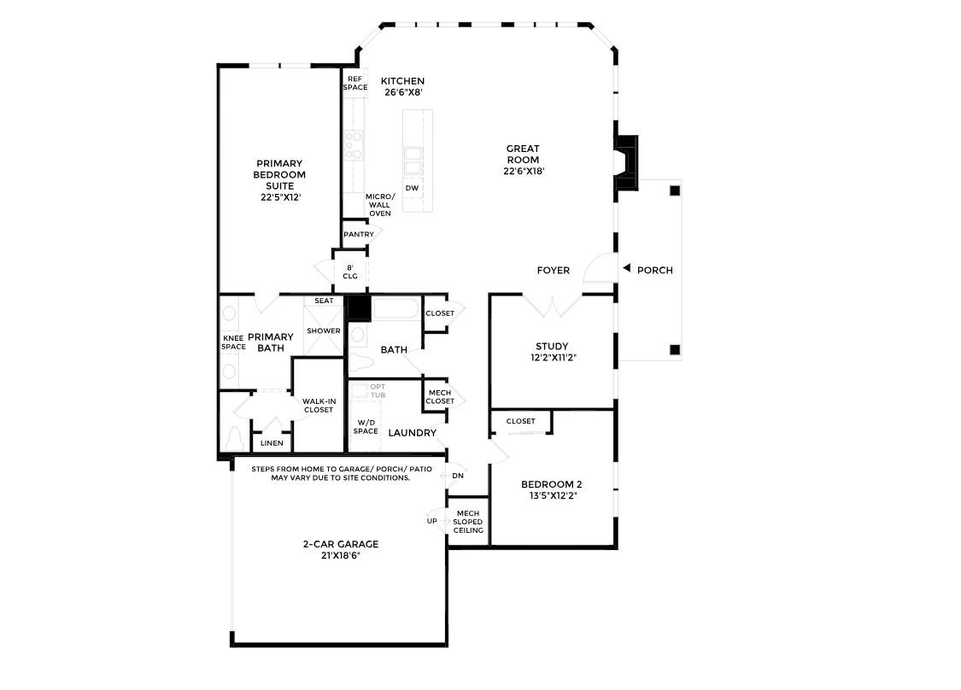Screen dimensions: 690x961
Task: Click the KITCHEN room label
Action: (x=402, y=81)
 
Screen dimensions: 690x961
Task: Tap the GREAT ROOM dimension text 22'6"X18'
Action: (x=524, y=171)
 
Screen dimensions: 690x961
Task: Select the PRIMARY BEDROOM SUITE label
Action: (x=279, y=174)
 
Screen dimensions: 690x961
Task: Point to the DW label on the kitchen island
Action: (x=412, y=188)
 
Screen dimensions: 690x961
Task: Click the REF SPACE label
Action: (x=355, y=83)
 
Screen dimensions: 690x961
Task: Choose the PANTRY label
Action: (x=358, y=234)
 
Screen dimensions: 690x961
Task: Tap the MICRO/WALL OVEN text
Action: (x=380, y=205)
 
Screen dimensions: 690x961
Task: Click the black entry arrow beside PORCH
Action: (x=625, y=270)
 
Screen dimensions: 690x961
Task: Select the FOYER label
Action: (x=553, y=271)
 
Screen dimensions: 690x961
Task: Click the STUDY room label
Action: (x=552, y=347)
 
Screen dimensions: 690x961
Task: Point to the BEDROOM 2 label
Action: (x=552, y=485)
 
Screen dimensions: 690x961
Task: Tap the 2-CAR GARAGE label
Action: (x=340, y=544)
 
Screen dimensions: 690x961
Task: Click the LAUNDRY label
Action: (x=413, y=433)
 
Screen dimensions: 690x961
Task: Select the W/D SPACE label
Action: (x=366, y=426)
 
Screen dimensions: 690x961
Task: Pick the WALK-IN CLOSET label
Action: (x=319, y=405)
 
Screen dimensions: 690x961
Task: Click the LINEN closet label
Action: (x=272, y=443)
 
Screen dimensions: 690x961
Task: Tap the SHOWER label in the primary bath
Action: (x=324, y=330)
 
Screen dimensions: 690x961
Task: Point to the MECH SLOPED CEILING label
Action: (x=468, y=522)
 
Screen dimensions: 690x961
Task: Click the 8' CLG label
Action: (x=349, y=271)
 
